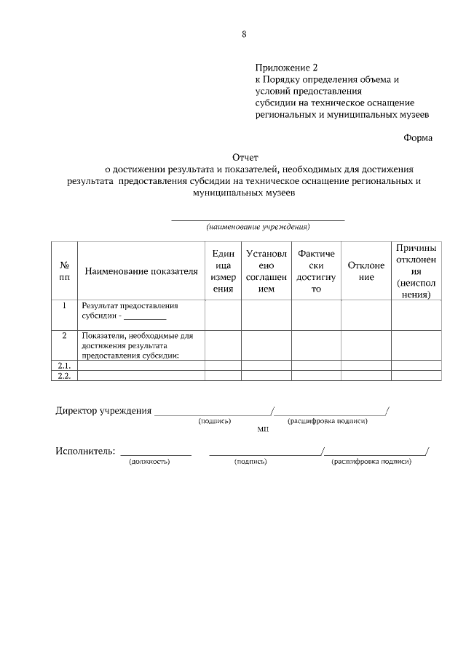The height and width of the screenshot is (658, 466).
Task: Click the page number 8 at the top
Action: pyautogui.click(x=244, y=33)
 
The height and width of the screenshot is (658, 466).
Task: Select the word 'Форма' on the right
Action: pyautogui.click(x=418, y=137)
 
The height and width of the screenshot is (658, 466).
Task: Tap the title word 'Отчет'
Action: pyautogui.click(x=245, y=156)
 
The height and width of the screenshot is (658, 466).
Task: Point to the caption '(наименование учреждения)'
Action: pyautogui.click(x=258, y=226)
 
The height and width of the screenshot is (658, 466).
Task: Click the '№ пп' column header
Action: pyautogui.click(x=64, y=271)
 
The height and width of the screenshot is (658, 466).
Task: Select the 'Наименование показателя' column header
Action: pyautogui.click(x=141, y=272)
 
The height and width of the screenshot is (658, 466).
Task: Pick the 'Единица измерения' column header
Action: pyautogui.click(x=223, y=271)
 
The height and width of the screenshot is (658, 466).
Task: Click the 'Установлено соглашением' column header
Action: pyautogui.click(x=266, y=271)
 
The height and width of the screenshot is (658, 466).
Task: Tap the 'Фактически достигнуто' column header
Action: pyautogui.click(x=316, y=271)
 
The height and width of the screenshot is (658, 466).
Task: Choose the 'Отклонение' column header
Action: pyautogui.click(x=366, y=271)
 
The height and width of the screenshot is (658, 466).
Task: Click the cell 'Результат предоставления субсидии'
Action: pyautogui.click(x=130, y=311)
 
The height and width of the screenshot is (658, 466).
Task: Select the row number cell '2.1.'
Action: pyautogui.click(x=63, y=365)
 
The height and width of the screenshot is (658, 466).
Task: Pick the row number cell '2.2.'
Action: pyautogui.click(x=63, y=375)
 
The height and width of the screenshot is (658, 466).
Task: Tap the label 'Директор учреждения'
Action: pyautogui.click(x=103, y=410)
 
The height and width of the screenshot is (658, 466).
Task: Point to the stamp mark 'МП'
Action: pyautogui.click(x=263, y=430)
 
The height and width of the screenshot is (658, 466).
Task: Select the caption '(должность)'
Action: pyautogui.click(x=149, y=462)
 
